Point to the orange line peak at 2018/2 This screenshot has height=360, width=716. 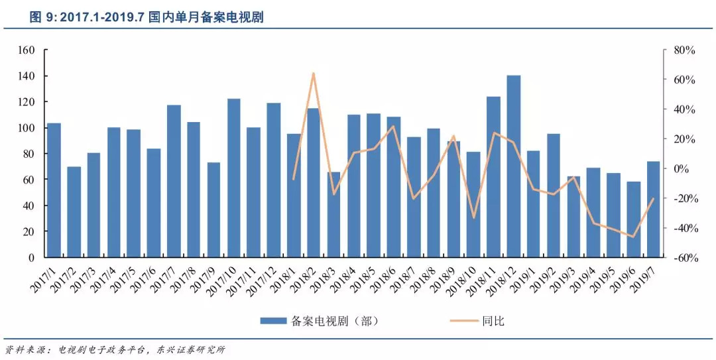pos(314,73)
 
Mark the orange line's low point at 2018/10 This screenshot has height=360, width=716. pos(473,217)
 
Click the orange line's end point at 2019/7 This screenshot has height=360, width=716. pos(653,198)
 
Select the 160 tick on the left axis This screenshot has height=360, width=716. pos(26,50)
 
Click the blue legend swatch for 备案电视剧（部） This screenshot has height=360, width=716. pos(273,321)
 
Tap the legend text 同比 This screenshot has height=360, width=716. pos(494,321)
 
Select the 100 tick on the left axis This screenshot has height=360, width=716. pos(26,128)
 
